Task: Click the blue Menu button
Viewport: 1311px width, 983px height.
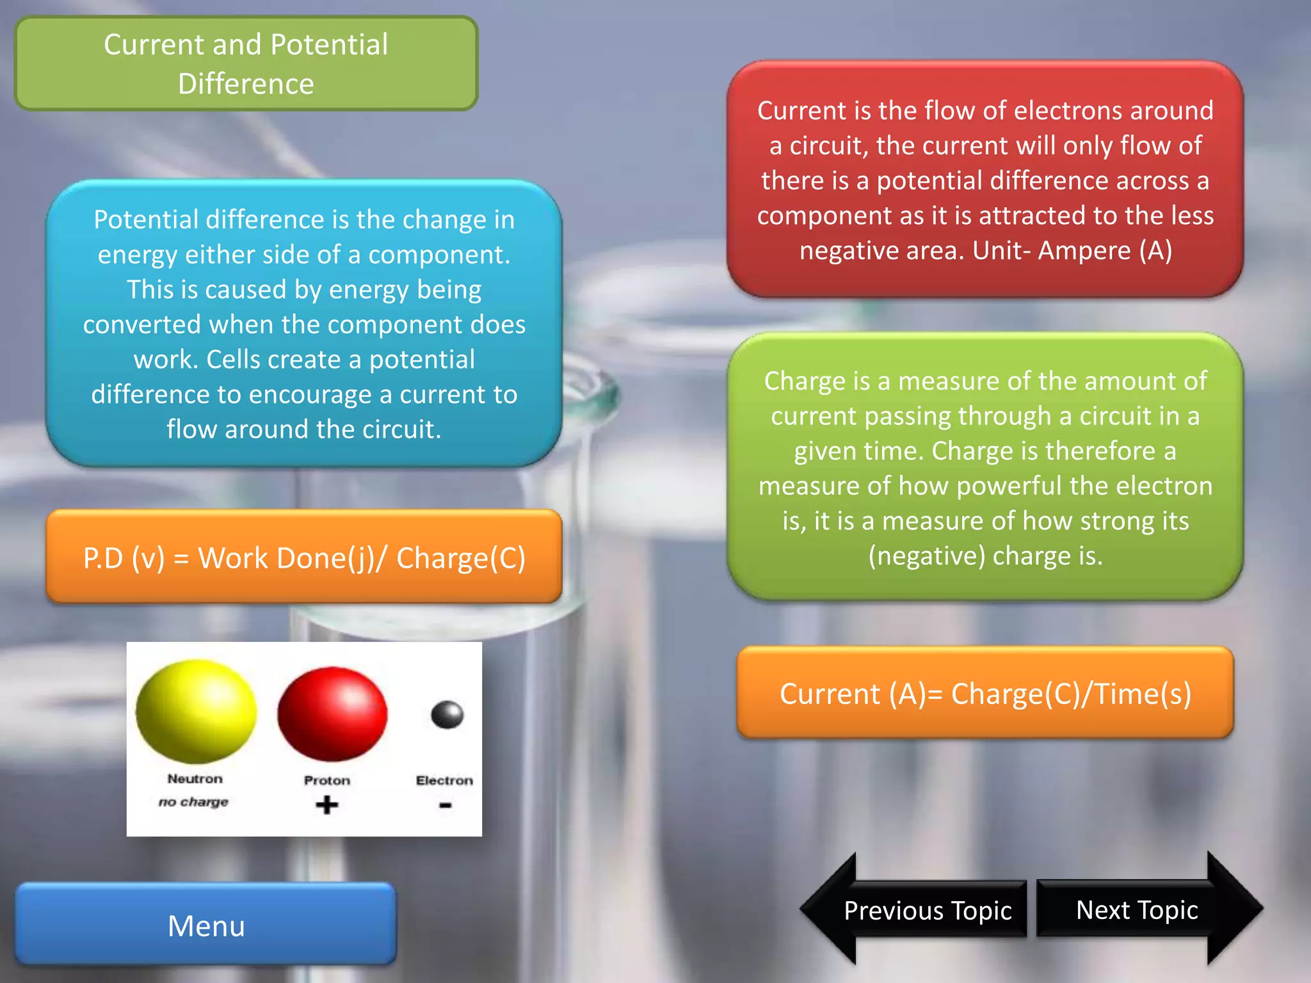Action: pos(206,925)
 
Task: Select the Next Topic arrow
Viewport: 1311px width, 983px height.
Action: pos(1146,909)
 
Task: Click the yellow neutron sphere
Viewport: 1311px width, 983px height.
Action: pos(196,712)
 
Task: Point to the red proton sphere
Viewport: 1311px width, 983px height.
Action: pos(332,714)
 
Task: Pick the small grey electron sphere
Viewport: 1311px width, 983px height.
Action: pos(447,714)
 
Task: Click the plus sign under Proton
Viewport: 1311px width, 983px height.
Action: pos(326,804)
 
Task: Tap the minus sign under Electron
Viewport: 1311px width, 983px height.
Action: pos(446,806)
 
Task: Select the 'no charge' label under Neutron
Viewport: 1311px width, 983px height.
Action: pos(193,802)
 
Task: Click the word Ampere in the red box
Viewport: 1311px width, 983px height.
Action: pos(1084,251)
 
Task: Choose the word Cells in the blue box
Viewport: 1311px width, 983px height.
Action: pos(234,360)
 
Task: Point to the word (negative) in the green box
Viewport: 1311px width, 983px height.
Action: pos(926,555)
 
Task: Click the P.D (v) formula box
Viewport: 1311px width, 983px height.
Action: pos(304,557)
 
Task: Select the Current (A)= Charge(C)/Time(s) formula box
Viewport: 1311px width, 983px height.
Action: pos(985,694)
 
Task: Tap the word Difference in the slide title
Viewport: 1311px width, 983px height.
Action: pos(246,84)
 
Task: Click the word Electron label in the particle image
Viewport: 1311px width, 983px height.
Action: pos(444,780)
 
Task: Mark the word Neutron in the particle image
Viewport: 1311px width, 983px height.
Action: pos(195,779)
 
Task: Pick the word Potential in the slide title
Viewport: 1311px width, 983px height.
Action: pos(329,45)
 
